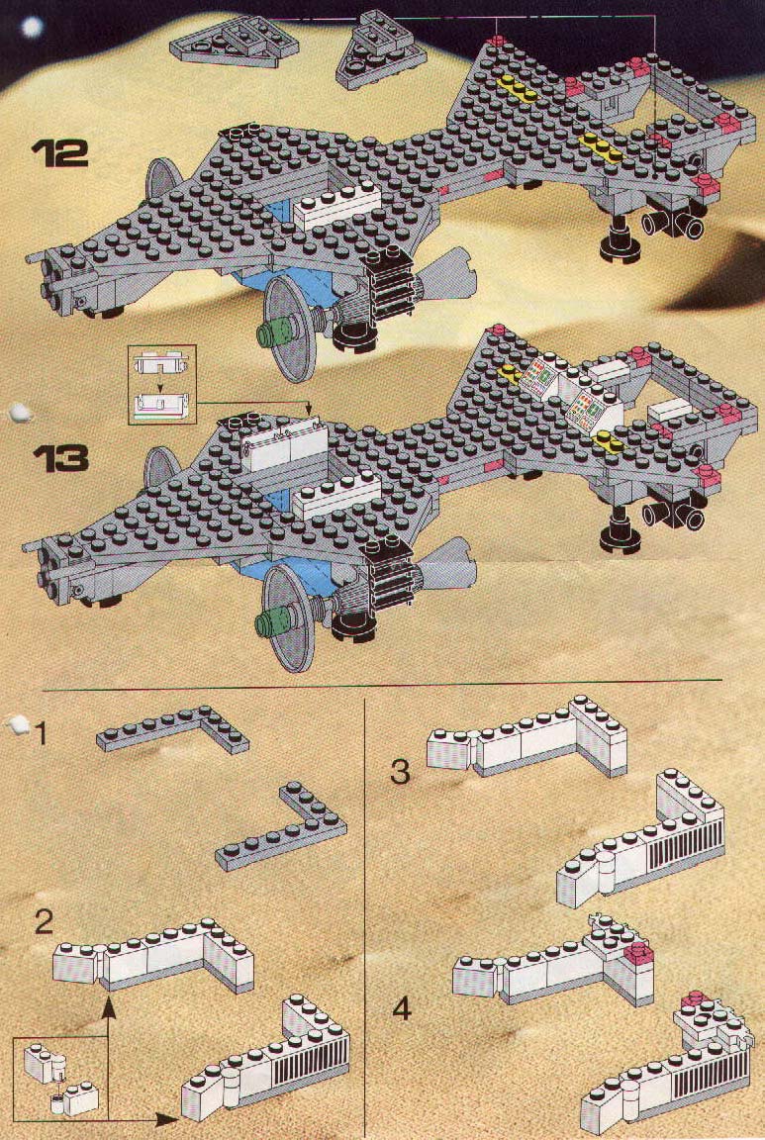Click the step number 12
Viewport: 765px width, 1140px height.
[59, 153]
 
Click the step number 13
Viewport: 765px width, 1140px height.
[60, 459]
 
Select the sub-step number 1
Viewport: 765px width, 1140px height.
[42, 734]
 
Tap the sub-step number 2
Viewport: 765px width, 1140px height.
[45, 922]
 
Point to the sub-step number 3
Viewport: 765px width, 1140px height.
[400, 772]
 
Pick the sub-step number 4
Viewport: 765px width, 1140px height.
[402, 1008]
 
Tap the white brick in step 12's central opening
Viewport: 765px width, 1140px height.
[337, 206]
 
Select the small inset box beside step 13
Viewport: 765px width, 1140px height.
[162, 385]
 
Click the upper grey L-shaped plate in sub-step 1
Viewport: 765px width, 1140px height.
[173, 729]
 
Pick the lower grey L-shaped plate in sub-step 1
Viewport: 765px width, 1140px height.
[281, 826]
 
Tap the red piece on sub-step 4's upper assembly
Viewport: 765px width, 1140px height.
[640, 950]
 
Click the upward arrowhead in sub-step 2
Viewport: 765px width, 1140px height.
[108, 1007]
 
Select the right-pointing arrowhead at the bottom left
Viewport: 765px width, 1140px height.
[167, 1119]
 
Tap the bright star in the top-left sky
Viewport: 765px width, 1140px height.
[32, 28]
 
